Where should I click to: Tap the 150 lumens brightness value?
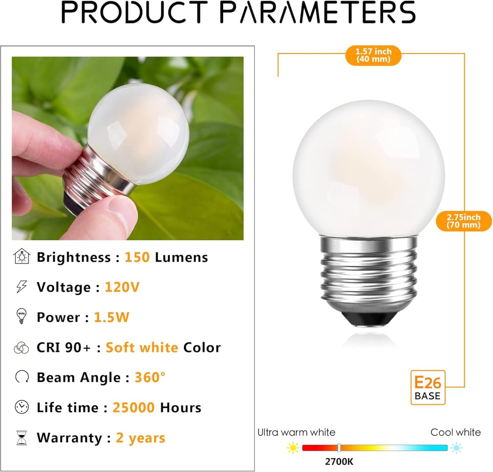[x=137, y=257]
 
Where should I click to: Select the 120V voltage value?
[x=122, y=287]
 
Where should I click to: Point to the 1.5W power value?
[x=112, y=317]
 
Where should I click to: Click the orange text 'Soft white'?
[x=142, y=347]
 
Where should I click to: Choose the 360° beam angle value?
[x=150, y=377]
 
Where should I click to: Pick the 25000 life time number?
[x=133, y=407]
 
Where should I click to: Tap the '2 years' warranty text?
[x=140, y=438]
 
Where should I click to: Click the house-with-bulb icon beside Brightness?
[x=22, y=256]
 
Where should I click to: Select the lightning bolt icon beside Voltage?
[x=21, y=287]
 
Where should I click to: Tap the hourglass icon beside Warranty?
[x=21, y=438]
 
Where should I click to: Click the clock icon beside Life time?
[x=21, y=407]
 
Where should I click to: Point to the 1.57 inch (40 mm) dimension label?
[x=373, y=55]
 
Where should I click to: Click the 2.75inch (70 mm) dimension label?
[x=464, y=221]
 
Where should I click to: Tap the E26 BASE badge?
[x=427, y=388]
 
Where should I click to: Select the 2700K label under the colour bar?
[x=339, y=462]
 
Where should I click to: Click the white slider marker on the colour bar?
[x=339, y=448]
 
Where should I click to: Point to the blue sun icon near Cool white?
[x=456, y=448]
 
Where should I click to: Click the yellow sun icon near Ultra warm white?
[x=293, y=448]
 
